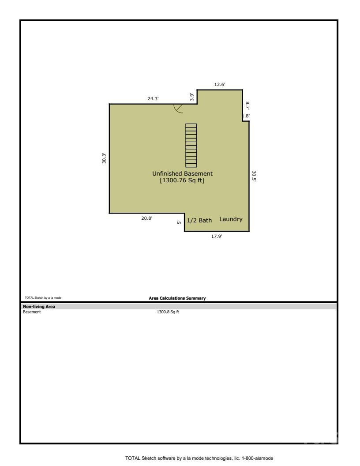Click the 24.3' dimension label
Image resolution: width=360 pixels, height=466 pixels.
(x=153, y=99)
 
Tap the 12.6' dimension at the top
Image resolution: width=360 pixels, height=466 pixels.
(x=220, y=85)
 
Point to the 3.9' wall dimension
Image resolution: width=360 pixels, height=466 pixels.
(x=191, y=97)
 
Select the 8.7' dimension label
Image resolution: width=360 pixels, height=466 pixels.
(x=247, y=106)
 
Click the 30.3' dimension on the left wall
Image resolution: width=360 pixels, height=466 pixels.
(x=104, y=158)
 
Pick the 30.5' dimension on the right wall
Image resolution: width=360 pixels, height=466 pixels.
(x=254, y=176)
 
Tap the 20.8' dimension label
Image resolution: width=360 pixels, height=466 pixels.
(x=147, y=218)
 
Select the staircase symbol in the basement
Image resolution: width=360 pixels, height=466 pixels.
(x=191, y=145)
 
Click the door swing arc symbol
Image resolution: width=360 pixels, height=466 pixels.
(x=179, y=109)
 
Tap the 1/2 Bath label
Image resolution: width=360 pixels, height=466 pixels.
(x=199, y=220)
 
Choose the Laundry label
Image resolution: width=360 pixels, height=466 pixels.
(x=231, y=219)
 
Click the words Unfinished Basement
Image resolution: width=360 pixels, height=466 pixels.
(x=182, y=173)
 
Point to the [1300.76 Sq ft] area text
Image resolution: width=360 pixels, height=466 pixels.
(x=182, y=180)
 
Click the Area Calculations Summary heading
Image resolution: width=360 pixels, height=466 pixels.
(x=177, y=298)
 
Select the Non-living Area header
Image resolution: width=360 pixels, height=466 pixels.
(x=38, y=306)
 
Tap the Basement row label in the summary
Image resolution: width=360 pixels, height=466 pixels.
(x=32, y=312)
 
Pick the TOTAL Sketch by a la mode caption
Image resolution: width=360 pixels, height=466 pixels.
(x=43, y=298)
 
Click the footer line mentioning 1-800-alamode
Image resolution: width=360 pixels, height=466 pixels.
(x=199, y=458)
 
